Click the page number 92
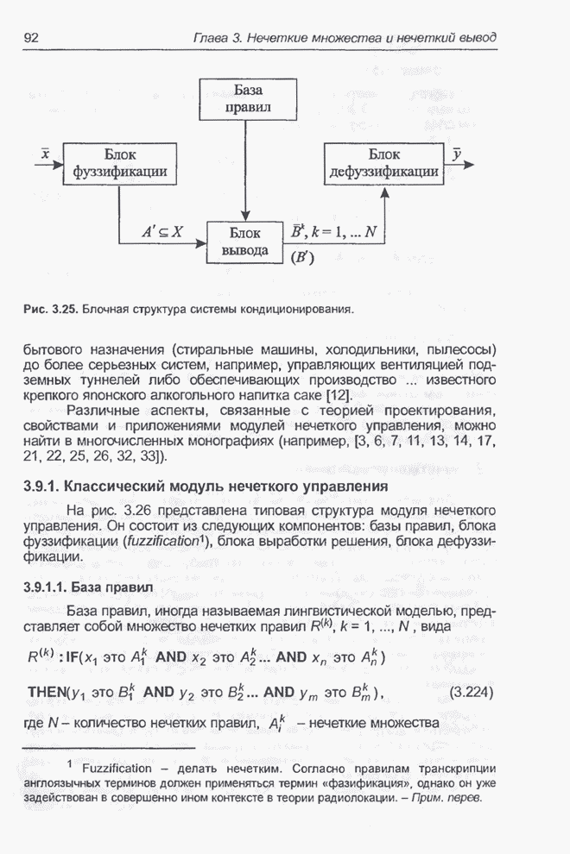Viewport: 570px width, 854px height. pyautogui.click(x=34, y=38)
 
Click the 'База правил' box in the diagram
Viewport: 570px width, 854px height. pyautogui.click(x=248, y=99)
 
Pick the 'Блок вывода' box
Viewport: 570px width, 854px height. pyautogui.click(x=248, y=242)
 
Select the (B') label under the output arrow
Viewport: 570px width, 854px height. pyautogui.click(x=302, y=256)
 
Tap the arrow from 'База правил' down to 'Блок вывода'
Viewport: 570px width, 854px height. pyautogui.click(x=248, y=173)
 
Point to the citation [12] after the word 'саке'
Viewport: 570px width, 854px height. pyautogui.click(x=336, y=394)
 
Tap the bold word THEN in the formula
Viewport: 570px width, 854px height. pyautogui.click(x=53, y=692)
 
